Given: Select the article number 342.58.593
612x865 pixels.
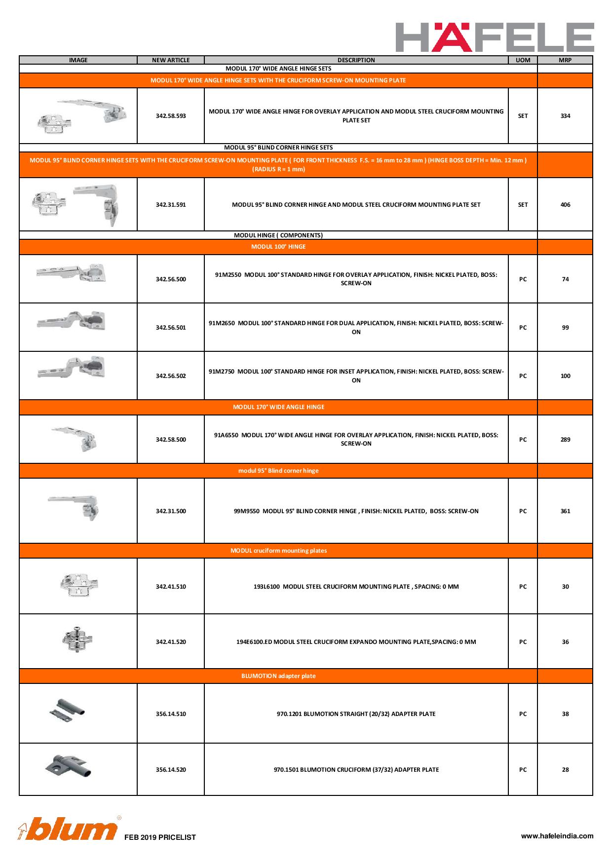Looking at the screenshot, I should pos(171,116).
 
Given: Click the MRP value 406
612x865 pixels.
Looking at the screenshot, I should pos(565,205).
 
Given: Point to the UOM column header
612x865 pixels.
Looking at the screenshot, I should pos(523,60).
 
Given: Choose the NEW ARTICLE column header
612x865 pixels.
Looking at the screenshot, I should pos(171,60).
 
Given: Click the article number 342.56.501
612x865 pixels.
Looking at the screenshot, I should pos(171,328).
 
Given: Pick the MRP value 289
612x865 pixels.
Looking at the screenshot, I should pos(565,440).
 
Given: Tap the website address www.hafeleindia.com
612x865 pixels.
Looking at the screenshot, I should pos(557,836).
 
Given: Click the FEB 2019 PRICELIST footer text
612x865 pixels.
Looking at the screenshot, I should pos(160,837).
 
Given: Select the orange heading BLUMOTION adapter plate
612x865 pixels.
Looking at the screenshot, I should pos(278,676).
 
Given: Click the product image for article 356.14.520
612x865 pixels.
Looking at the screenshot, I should pos(69,766).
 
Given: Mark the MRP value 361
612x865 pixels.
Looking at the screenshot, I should pos(565,511).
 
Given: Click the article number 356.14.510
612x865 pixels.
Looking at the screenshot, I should pos(171,714).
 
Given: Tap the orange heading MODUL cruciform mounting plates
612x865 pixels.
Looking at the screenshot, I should pos(278,551).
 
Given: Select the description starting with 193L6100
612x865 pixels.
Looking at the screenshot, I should pos(356,587).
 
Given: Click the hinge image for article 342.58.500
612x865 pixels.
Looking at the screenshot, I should pos(76,437).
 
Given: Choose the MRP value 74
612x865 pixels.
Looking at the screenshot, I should pos(565,279).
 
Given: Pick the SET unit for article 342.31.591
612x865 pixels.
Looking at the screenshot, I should pos(523,205).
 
